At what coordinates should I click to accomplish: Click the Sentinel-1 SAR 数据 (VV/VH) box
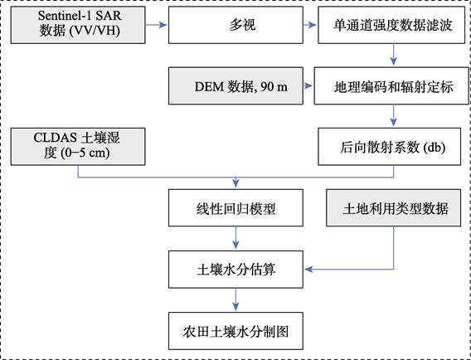[x=78, y=25]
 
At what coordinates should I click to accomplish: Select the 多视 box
[x=235, y=25]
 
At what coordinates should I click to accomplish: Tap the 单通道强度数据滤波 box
[x=391, y=25]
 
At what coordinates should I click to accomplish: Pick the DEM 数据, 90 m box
[x=235, y=86]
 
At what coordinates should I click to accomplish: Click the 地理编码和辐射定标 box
[x=391, y=86]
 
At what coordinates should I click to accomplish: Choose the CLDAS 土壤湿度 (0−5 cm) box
[x=78, y=147]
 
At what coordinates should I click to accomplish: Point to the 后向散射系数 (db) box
[x=389, y=147]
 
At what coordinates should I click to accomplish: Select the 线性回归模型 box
[x=235, y=207]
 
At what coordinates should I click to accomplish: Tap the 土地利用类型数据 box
[x=394, y=207]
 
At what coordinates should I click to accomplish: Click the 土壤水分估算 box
[x=235, y=270]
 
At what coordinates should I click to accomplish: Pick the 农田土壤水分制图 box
[x=235, y=331]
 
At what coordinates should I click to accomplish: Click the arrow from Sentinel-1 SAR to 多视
[x=156, y=25]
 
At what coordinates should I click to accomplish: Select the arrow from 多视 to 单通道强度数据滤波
[x=310, y=25]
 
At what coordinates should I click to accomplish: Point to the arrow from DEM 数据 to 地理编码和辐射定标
[x=308, y=86]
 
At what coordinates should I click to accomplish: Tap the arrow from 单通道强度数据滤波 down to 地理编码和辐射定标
[x=394, y=55]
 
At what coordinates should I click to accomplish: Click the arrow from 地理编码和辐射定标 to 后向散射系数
[x=394, y=115]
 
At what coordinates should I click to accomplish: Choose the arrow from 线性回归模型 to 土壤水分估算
[x=235, y=238]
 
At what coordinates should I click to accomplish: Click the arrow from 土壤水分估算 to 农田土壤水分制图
[x=235, y=299]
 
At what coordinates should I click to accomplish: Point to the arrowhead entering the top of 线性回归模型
[x=235, y=183]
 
